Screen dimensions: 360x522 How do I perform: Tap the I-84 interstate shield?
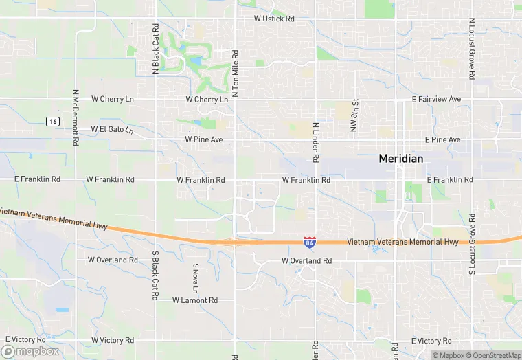click(310, 242)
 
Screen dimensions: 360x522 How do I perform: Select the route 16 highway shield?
click(53, 121)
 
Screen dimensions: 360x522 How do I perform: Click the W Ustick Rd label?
click(273, 19)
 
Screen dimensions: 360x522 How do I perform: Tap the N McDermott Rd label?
click(76, 117)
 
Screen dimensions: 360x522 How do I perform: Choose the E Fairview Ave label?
click(436, 99)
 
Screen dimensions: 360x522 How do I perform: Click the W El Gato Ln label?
click(111, 129)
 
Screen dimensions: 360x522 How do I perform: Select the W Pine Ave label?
click(204, 139)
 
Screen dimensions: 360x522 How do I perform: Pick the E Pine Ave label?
click(442, 139)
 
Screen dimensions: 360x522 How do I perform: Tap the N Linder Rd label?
click(316, 143)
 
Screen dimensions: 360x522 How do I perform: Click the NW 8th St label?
click(356, 114)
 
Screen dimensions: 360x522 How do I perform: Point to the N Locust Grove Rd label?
click(472, 50)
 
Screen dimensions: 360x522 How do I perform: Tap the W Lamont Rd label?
click(194, 300)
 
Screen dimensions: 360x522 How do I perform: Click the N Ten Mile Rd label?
click(235, 73)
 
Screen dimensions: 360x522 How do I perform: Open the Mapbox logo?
click(30, 351)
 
